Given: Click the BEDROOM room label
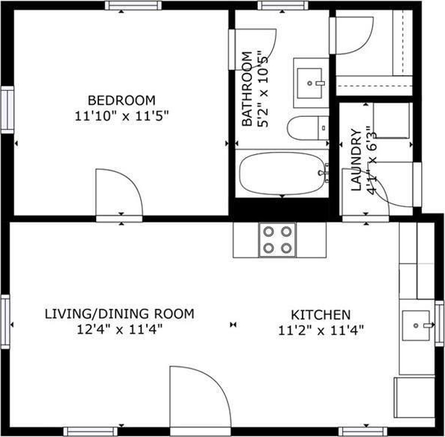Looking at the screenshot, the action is pos(121,101).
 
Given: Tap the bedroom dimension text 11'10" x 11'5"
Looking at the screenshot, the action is pos(121,116).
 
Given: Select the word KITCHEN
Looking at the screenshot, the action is pos(321,315).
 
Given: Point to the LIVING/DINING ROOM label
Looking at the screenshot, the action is pos(119,313).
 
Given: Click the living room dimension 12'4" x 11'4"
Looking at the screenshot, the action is pos(119,329).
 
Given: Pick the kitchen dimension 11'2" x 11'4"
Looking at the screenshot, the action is pos(321,331).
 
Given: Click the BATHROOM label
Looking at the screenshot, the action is pos(247,89).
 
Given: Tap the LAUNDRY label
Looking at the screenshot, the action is pos(356,159).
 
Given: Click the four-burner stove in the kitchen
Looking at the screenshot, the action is pos(277,240).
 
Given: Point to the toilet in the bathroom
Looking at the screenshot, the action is pos(308,128).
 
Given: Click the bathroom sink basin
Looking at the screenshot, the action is pos(309,83).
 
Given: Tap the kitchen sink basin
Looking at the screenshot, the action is pos(416,325).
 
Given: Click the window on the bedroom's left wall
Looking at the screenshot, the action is pos(7,109).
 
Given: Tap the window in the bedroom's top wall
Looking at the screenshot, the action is pos(133,5).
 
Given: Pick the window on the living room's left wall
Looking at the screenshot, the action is pos(5,322).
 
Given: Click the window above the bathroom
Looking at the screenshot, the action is pos(283,5).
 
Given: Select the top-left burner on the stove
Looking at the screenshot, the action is pos(268,232).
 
